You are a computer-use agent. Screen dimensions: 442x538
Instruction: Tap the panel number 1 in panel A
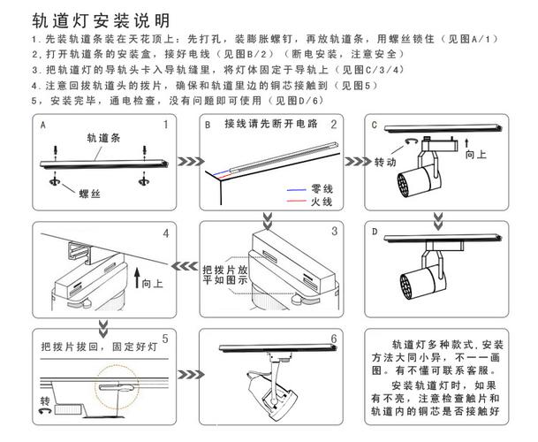click(x=164, y=126)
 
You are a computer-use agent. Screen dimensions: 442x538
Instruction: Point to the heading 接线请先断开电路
click(x=270, y=123)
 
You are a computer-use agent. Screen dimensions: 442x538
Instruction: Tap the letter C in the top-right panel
click(x=375, y=126)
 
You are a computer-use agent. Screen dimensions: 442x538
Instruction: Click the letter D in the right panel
click(x=375, y=232)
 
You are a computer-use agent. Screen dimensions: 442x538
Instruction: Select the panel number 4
click(x=165, y=234)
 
